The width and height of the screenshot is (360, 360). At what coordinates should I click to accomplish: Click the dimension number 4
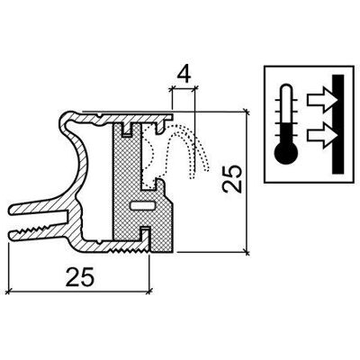(184, 76)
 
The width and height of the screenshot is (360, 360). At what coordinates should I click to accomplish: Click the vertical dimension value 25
(231, 178)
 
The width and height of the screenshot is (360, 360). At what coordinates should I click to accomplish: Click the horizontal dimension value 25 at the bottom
(80, 276)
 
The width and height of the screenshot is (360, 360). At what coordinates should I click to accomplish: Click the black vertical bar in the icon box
(338, 124)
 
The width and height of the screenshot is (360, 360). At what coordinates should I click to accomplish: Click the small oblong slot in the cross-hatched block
(143, 205)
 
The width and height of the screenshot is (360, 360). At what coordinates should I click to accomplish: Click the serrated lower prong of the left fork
(38, 231)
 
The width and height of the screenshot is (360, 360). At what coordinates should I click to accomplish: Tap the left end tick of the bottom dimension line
(9, 291)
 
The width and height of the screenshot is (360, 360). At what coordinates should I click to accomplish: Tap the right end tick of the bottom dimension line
(149, 291)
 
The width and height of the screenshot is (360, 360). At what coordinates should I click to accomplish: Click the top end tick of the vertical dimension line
(247, 112)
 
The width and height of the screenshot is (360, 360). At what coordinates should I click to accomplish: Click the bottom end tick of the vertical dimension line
(247, 252)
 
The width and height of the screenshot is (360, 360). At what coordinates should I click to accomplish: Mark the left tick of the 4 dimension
(172, 88)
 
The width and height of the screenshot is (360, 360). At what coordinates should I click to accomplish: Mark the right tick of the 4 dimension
(195, 88)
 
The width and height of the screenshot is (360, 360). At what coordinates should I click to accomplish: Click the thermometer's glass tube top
(285, 89)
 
